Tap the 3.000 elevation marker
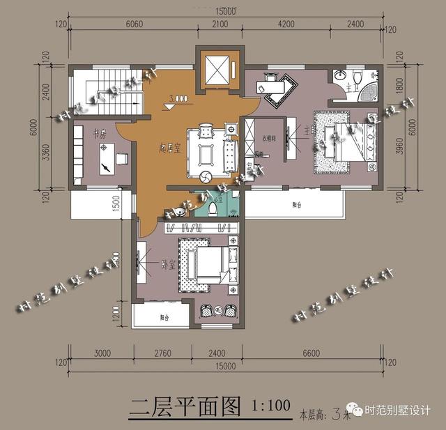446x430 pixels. pyautogui.click(x=178, y=100)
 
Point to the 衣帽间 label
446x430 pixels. pyautogui.click(x=269, y=138)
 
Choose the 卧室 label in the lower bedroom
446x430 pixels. pyautogui.click(x=167, y=264)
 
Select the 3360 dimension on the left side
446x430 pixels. pyautogui.click(x=45, y=151)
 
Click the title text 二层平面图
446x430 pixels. pyautogui.click(x=185, y=406)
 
